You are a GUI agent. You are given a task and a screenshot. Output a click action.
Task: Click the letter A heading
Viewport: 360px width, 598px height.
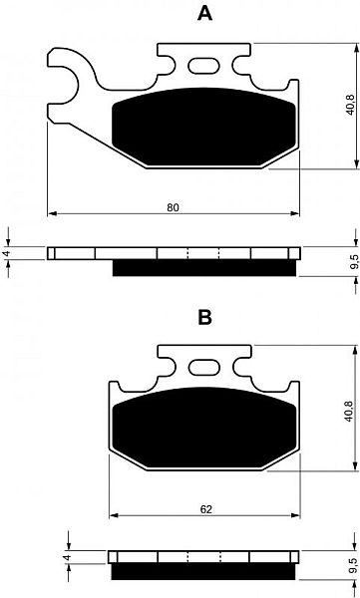point(204,13)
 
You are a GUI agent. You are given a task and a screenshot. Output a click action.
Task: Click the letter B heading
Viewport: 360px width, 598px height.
point(204,317)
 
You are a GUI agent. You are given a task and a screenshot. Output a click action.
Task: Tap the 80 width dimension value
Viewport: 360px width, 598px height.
point(173,207)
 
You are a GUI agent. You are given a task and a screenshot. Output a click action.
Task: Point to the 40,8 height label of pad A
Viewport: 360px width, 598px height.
point(349,105)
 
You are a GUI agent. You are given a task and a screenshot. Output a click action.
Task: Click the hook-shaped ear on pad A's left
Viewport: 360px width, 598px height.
point(65,75)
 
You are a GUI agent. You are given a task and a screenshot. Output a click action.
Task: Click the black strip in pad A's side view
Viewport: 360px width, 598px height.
point(204,268)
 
